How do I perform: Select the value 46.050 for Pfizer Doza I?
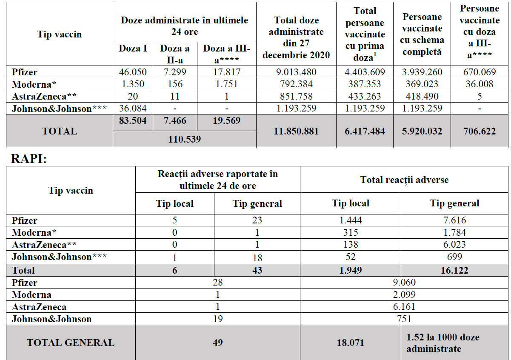pyautogui.click(x=133, y=72)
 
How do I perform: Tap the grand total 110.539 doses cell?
pyautogui.click(x=184, y=139)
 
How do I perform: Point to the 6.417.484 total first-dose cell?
pyautogui.click(x=365, y=131)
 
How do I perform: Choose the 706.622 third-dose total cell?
pyautogui.click(x=480, y=131)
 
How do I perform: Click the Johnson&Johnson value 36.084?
pyautogui.click(x=133, y=108)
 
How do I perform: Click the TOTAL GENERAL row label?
pyautogui.click(x=71, y=343)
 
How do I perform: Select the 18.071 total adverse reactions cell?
pyautogui.click(x=350, y=343)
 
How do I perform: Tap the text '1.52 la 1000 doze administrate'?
pyautogui.click(x=442, y=343)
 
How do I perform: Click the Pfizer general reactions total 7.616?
pyautogui.click(x=454, y=220)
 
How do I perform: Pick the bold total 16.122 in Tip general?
pyautogui.click(x=454, y=270)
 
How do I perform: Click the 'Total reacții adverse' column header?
pyautogui.click(x=404, y=180)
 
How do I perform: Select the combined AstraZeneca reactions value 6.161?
pyautogui.click(x=404, y=307)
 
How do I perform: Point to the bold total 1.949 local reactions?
pyautogui.click(x=350, y=270)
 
